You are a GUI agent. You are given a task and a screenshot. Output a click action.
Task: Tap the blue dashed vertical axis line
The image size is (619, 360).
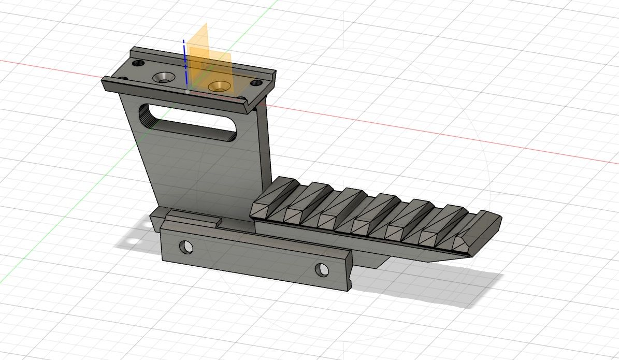(184, 62)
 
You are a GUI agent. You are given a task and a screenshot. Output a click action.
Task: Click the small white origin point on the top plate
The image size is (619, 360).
(187, 91)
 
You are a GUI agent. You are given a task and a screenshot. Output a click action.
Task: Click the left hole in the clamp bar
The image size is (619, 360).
(185, 247)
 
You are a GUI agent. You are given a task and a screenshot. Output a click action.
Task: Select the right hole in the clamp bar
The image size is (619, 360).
(322, 269)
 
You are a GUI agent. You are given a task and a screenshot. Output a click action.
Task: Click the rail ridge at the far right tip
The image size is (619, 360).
(479, 227)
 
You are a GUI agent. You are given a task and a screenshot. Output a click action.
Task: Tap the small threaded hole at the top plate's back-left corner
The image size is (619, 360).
(138, 63)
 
